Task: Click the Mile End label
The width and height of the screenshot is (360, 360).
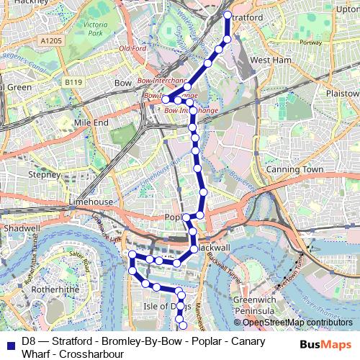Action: [x=90, y=123]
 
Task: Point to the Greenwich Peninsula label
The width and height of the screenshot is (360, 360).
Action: [x=255, y=304]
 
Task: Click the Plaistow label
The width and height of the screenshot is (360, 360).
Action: [x=342, y=94]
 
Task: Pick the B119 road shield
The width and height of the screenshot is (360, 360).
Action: [x=72, y=82]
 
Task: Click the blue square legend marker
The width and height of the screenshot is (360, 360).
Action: [x=9, y=341]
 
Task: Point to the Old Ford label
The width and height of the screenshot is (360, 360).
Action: [x=132, y=48]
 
